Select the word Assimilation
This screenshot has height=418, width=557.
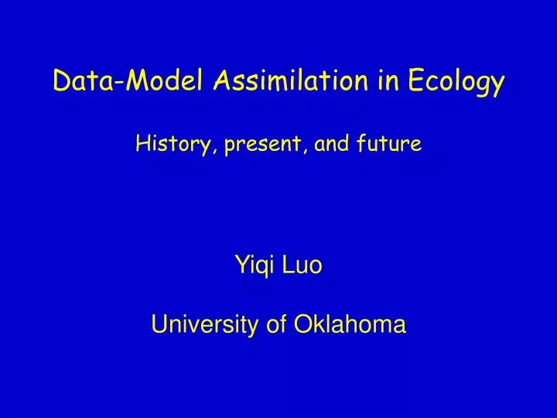[268, 80]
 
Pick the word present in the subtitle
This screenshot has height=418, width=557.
[265, 145]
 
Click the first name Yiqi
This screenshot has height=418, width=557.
[254, 266]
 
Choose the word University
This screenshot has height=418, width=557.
[199, 325]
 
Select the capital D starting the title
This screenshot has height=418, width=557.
[59, 80]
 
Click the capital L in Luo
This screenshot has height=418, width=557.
[290, 266]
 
